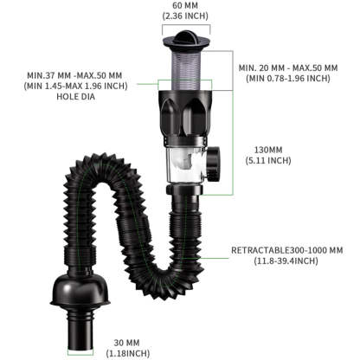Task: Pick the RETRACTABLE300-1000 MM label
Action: (286, 250)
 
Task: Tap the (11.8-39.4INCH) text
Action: (286, 261)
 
